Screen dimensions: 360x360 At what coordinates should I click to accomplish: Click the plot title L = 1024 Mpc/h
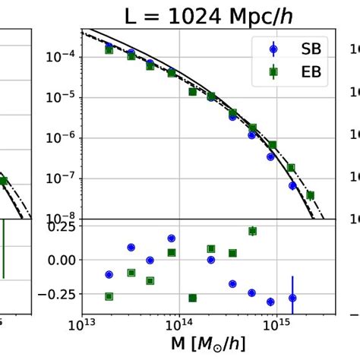click(x=208, y=15)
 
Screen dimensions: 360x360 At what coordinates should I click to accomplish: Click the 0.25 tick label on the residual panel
click(x=61, y=226)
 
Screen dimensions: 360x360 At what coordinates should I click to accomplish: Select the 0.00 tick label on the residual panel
click(x=61, y=260)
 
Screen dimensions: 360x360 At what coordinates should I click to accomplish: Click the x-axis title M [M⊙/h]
click(x=208, y=346)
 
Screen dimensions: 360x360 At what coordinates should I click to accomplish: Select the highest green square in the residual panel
click(x=252, y=231)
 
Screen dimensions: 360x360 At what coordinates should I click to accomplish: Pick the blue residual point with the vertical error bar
click(x=292, y=298)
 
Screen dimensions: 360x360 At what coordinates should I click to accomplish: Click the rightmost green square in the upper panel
click(x=310, y=195)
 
